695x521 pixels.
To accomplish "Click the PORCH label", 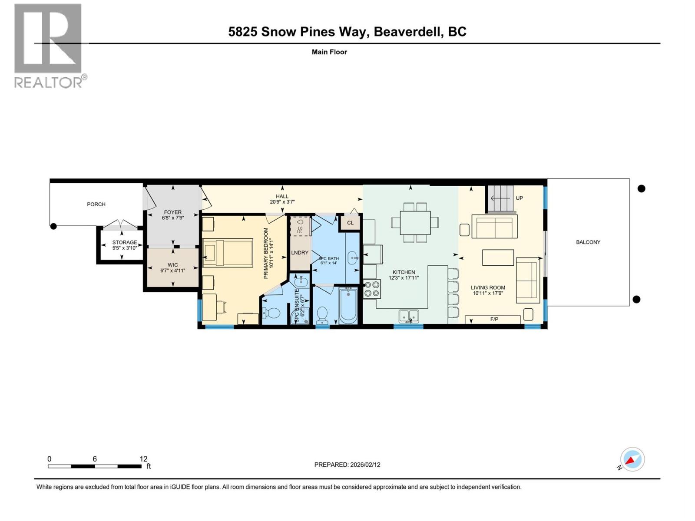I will pyautogui.click(x=96, y=204).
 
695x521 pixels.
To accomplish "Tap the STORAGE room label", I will pyautogui.click(x=125, y=242).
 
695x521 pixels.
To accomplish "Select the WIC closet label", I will pyautogui.click(x=172, y=264).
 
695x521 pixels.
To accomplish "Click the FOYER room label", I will pyautogui.click(x=172, y=212).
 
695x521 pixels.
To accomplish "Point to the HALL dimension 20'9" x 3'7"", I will pyautogui.click(x=282, y=202).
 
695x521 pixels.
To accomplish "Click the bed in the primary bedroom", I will pyautogui.click(x=228, y=252).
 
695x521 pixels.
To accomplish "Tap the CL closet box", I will pyautogui.click(x=350, y=223).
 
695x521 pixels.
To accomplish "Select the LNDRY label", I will pyautogui.click(x=300, y=253).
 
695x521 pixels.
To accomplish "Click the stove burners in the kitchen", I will pyautogui.click(x=372, y=289).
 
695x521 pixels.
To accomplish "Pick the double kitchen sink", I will pyautogui.click(x=408, y=316).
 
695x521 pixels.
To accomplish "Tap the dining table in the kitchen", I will pyautogui.click(x=415, y=223).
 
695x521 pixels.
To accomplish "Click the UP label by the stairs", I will pyautogui.click(x=519, y=198).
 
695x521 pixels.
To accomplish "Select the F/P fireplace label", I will pyautogui.click(x=494, y=319).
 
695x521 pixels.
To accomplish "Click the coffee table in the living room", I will pyautogui.click(x=498, y=257).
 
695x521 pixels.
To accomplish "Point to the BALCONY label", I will pyautogui.click(x=588, y=242).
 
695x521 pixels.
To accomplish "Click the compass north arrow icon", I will pyautogui.click(x=632, y=459).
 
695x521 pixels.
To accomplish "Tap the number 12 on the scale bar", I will pyautogui.click(x=143, y=459).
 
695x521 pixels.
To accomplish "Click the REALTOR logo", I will pyautogui.click(x=49, y=46).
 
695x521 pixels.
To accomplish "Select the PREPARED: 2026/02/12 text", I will pyautogui.click(x=347, y=465).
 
